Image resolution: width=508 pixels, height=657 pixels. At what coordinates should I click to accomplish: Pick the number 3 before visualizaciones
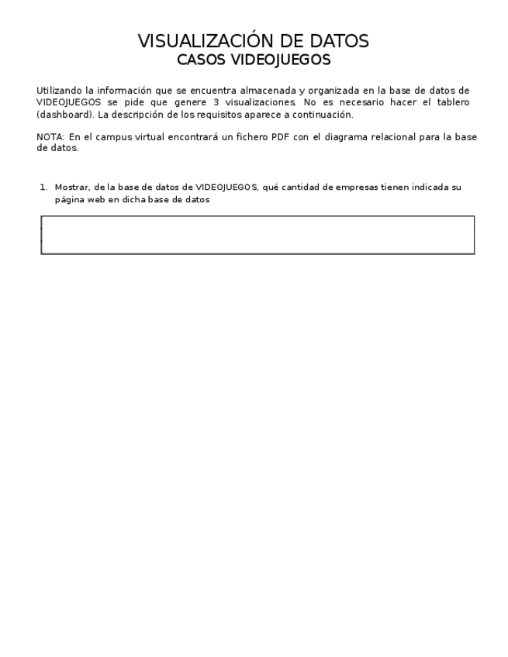click(215, 102)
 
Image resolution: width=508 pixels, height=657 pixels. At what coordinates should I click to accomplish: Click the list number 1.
click(43, 187)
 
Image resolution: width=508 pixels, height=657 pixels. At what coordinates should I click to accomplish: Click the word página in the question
click(68, 199)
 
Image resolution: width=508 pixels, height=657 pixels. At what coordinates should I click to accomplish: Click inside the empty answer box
click(257, 235)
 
